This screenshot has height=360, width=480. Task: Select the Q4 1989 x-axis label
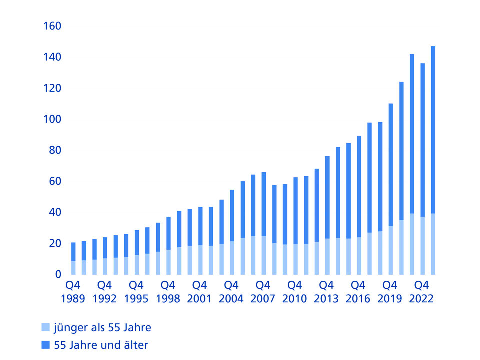coord(73,292)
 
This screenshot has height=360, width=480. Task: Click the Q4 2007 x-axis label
coord(263,292)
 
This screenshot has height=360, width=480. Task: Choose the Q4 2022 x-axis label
coord(422,292)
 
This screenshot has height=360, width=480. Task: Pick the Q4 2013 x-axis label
coord(327,292)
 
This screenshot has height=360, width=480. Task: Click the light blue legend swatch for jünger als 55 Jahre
coord(46,328)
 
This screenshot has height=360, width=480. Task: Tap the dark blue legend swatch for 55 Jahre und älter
coord(46,345)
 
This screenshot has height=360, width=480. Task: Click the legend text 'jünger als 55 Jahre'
coord(102,328)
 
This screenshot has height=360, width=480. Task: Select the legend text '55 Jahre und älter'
coord(101,345)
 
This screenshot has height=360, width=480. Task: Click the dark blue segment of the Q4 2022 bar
coord(422,140)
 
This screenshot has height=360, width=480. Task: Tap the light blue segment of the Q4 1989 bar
coord(73,267)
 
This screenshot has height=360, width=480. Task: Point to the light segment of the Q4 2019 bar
coord(390,250)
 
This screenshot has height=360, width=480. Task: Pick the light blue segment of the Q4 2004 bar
coord(232,257)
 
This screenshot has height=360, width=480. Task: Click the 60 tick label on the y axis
coord(54,181)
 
